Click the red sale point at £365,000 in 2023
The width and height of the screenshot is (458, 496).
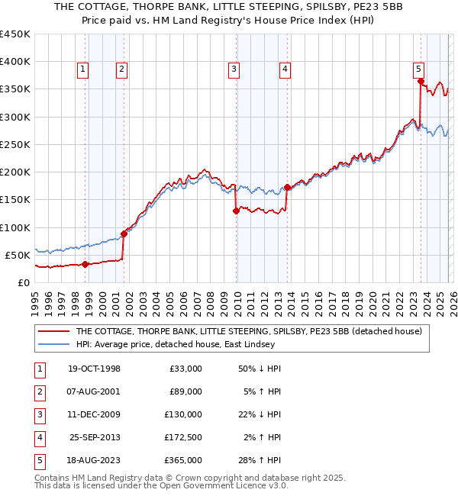(x=421, y=81)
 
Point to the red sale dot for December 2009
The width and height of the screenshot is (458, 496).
(x=236, y=211)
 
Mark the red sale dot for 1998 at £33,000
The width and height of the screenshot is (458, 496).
(x=85, y=265)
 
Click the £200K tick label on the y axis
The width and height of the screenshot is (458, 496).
(x=15, y=172)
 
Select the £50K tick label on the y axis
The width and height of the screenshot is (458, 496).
(x=17, y=255)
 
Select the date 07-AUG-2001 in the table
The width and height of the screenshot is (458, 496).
(x=94, y=391)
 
